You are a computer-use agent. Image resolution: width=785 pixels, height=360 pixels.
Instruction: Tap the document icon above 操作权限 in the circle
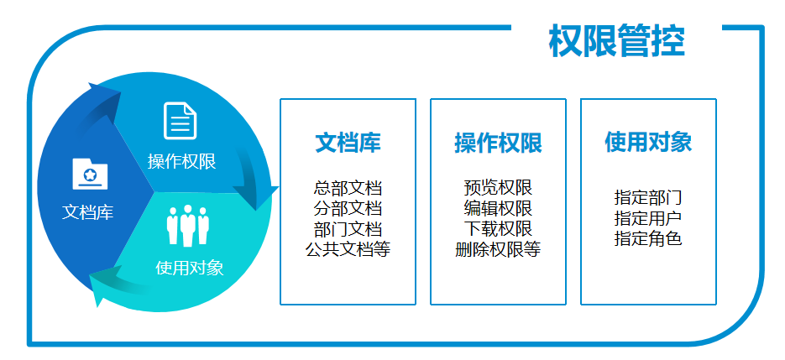(x=181, y=120)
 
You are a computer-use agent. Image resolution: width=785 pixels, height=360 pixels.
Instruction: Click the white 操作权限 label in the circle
(x=181, y=161)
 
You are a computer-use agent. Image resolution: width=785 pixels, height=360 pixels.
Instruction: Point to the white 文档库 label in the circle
(x=88, y=212)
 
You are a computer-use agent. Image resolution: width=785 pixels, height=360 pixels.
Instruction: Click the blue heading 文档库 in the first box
(x=348, y=143)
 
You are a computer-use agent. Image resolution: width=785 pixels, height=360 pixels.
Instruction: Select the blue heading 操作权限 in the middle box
(x=498, y=143)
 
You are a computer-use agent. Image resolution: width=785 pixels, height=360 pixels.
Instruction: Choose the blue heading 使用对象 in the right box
(x=648, y=142)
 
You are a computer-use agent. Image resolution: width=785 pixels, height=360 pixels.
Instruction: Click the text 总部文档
(x=348, y=188)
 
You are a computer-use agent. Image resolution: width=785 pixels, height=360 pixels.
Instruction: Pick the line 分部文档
(x=348, y=208)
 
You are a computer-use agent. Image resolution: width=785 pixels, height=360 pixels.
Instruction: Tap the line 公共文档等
(x=348, y=248)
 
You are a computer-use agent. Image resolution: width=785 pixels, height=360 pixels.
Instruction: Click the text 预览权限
(x=498, y=188)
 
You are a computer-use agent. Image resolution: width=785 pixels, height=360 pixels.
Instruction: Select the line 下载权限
(x=498, y=228)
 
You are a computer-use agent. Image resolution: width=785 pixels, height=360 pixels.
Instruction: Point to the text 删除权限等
(x=498, y=248)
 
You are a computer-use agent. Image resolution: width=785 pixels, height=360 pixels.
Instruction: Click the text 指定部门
(x=648, y=198)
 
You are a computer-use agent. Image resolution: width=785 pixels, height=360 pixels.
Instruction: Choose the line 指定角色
(x=648, y=238)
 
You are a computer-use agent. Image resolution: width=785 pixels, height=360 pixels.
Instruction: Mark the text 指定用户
(x=648, y=218)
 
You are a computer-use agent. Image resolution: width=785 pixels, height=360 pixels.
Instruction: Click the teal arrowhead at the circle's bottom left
(x=102, y=285)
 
